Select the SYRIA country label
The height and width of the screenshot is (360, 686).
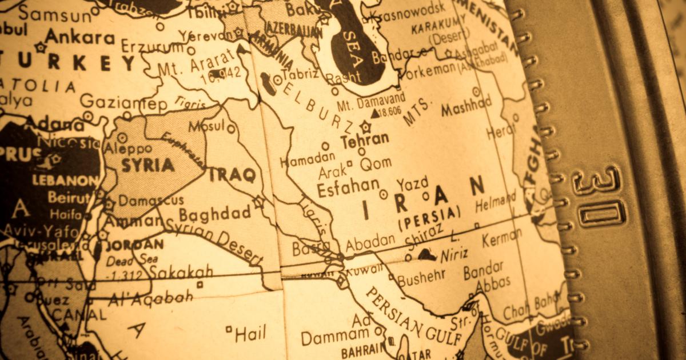point(147,165)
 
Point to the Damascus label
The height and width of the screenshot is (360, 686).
point(151,201)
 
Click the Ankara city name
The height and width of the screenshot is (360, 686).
point(79,37)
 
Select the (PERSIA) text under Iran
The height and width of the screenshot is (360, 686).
point(428,217)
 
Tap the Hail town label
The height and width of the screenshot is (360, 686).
point(250,334)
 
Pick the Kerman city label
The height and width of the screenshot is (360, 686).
point(501,237)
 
